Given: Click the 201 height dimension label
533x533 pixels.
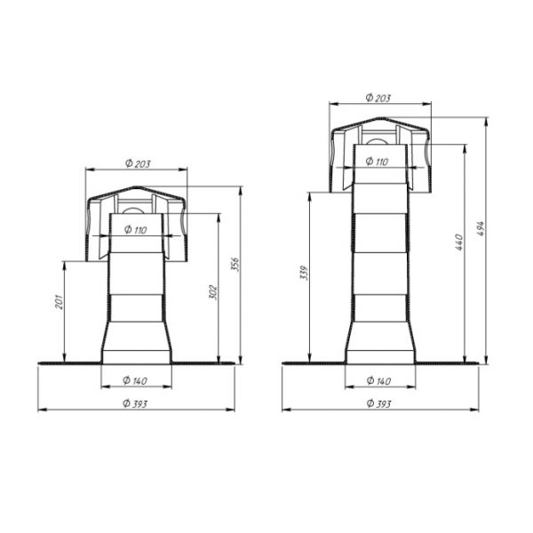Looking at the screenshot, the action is point(60,302).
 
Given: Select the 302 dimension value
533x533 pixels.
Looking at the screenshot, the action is point(212,292).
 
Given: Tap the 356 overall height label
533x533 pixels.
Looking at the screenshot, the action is point(235,265).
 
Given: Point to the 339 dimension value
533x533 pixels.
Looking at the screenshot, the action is point(304,273).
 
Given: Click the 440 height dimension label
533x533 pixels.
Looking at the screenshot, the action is point(459,242).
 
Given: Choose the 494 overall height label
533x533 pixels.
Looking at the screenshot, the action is point(481,229).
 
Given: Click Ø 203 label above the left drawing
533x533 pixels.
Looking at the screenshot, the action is point(138,163).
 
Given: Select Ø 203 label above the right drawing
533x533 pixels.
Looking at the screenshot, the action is point(378,98).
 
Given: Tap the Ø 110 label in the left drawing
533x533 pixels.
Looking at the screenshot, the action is point(135,230).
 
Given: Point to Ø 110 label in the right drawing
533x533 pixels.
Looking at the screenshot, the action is point(377,161).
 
